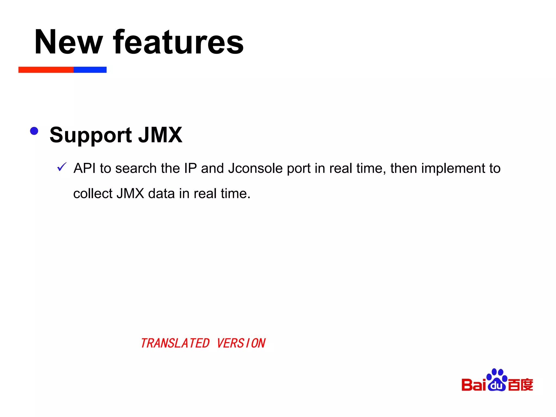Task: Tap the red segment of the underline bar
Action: point(46,70)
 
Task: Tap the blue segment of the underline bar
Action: point(90,70)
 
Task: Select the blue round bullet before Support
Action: point(34,131)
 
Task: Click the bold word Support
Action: point(91,135)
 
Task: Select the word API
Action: point(85,168)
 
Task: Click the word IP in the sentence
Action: point(190,168)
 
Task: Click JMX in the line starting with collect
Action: point(130,194)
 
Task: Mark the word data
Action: point(161,194)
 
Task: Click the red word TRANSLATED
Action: point(175,343)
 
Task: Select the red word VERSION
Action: point(241,343)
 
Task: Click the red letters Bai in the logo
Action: point(474,385)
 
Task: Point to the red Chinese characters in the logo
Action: point(520,385)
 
